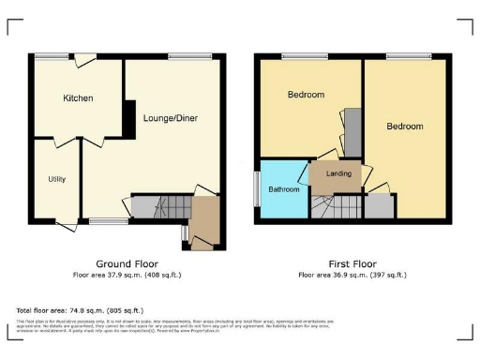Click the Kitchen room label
tap(78, 97)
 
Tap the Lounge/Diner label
tap(170, 118)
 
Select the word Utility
tap(57, 178)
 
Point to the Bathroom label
tap(283, 189)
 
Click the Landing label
tap(338, 173)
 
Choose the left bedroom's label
tap(306, 95)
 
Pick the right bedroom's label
tap(405, 126)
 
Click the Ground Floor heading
tap(127, 263)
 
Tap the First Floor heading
tap(352, 263)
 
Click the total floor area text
tap(80, 309)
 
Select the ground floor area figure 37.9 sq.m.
tap(127, 275)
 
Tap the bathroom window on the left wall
tap(257, 187)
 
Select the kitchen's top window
tap(52, 57)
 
